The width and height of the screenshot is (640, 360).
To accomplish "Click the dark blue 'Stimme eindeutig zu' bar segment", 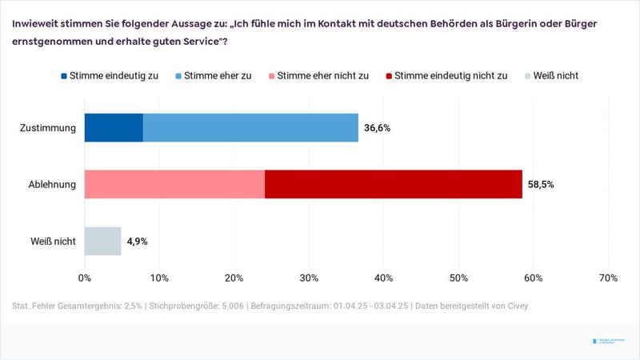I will coord(114,127).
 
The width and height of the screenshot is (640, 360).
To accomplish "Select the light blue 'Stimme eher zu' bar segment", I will coord(250,127).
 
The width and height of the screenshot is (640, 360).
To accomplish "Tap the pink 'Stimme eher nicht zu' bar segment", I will coord(174,184).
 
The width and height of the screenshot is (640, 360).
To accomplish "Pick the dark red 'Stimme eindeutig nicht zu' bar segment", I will coord(393,184).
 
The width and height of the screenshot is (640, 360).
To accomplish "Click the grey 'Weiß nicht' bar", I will coord(102,241).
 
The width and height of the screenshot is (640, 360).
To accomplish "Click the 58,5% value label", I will coord(541,185).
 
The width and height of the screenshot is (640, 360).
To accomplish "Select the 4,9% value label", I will coord(138,242).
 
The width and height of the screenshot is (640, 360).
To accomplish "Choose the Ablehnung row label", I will coord(53,185).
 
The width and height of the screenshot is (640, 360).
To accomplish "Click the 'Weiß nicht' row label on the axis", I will coord(54,242).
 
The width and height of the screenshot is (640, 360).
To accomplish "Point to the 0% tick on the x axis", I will coord(85,278).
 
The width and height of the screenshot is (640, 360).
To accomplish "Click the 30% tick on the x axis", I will coord(309,278).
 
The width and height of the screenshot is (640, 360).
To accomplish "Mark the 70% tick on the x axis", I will coord(607,278).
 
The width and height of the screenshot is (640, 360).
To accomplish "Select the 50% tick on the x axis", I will coord(458,278).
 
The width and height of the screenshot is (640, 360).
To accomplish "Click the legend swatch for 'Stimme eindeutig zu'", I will coord(65,76).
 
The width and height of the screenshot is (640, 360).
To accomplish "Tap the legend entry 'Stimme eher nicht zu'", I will coord(322,76).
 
